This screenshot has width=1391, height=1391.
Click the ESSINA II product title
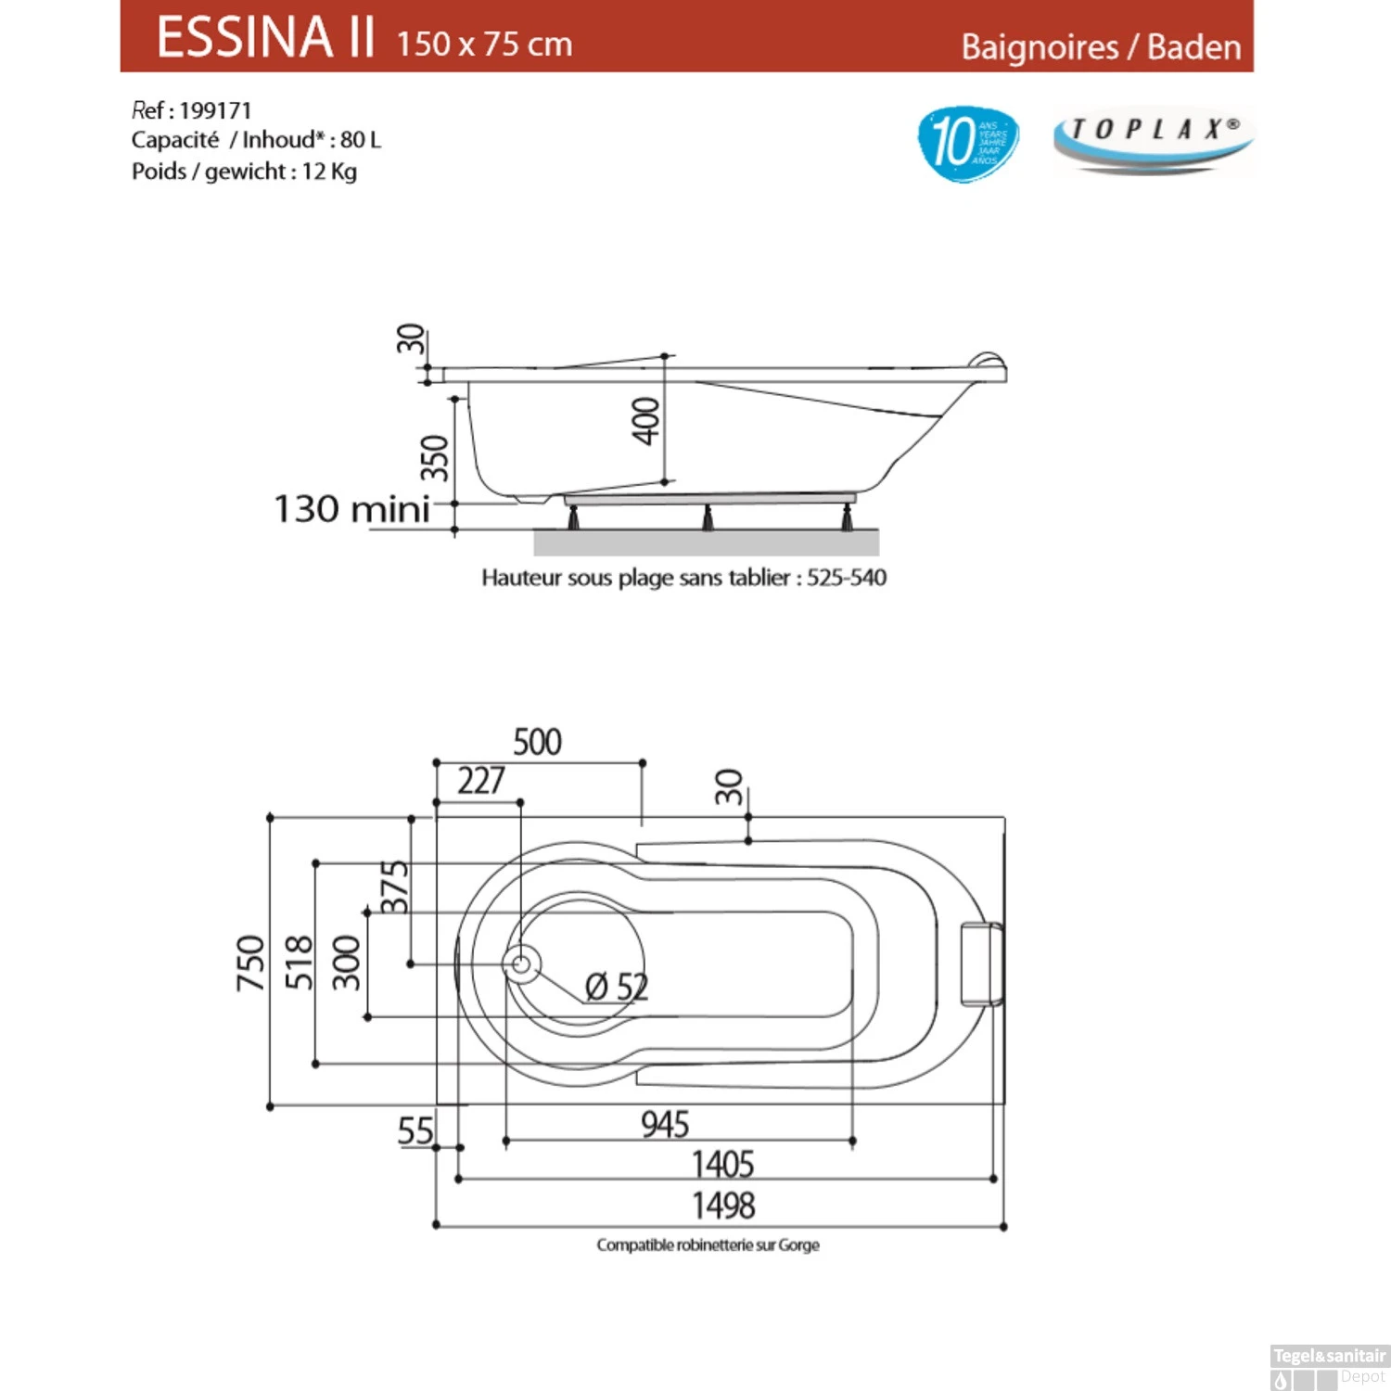pos(265,38)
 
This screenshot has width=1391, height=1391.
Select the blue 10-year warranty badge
pos(967,143)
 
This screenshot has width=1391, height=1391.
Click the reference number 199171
pos(215,111)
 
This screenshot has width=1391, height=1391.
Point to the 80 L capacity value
pos(360,140)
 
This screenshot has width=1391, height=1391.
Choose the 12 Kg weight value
pos(328,172)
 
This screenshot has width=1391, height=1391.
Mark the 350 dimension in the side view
pos(434,457)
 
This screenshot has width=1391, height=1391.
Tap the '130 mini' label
pos(351,509)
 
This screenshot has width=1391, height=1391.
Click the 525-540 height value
pos(846,578)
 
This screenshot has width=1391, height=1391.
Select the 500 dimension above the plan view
pos(537,743)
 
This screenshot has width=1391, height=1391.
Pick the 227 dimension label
pos(480,782)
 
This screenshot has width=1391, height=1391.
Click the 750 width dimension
pos(250,963)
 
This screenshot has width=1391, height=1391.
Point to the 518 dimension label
pos(299,963)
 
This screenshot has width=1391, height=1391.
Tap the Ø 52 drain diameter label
pos(617,987)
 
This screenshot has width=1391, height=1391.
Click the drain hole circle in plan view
pos(521,964)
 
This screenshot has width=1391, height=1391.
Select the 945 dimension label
pos(665,1125)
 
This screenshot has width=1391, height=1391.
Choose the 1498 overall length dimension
pos(723,1206)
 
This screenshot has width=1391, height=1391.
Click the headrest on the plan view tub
pos(980,964)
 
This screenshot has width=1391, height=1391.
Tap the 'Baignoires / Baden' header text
pos(1100,47)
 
